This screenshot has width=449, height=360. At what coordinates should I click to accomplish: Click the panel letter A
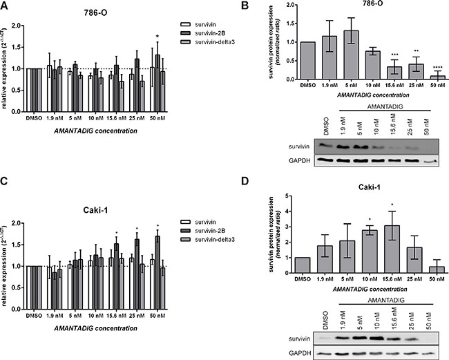point(6,7)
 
